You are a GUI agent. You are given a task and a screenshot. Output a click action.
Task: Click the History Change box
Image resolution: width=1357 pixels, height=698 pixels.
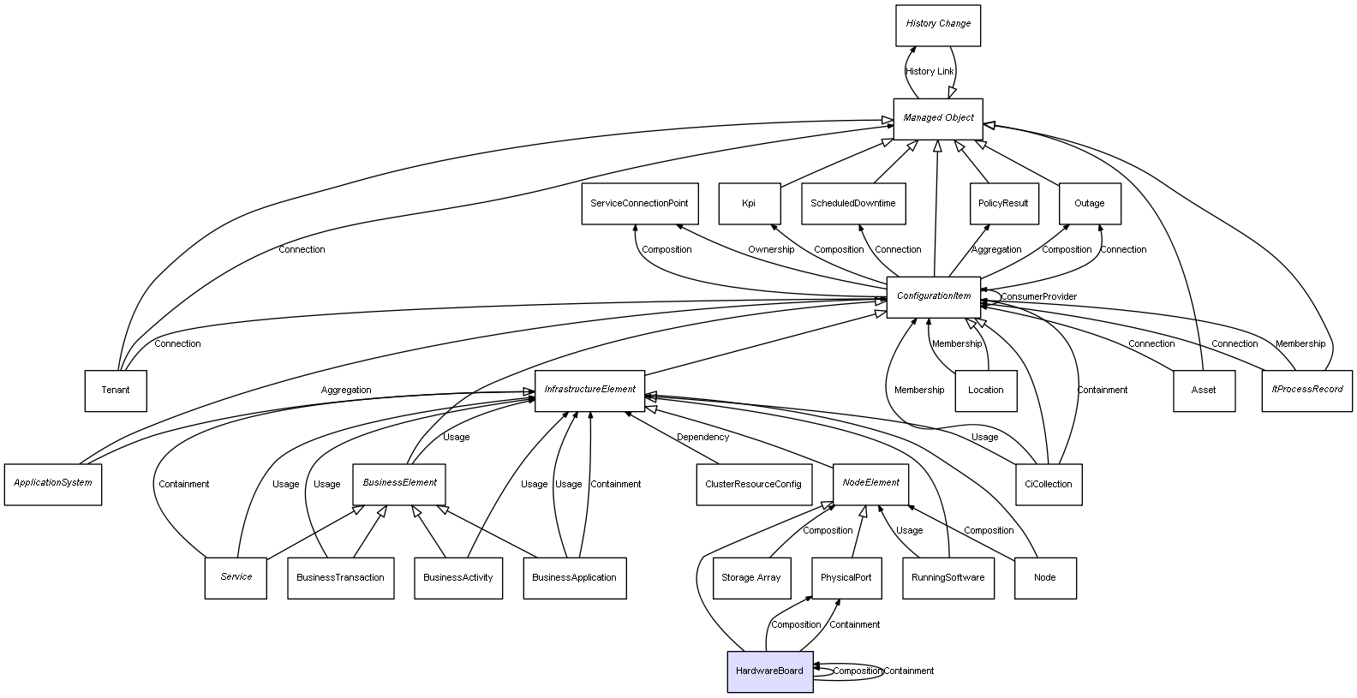pyautogui.click(x=938, y=25)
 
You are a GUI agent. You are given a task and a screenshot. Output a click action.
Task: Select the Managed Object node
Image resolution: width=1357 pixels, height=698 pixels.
pyautogui.click(x=938, y=118)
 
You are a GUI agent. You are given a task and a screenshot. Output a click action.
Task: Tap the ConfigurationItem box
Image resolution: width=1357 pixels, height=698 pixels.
pyautogui.click(x=934, y=296)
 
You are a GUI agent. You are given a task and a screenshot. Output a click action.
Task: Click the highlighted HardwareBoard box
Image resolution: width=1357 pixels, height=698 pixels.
pyautogui.click(x=769, y=671)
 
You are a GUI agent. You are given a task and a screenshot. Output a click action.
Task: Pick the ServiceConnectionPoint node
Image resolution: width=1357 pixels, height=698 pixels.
pyautogui.click(x=639, y=204)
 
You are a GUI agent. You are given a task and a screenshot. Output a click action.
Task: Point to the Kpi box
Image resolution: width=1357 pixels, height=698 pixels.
pyautogui.click(x=749, y=204)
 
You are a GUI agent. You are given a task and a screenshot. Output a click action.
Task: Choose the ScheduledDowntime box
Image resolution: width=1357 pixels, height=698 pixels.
pyautogui.click(x=853, y=204)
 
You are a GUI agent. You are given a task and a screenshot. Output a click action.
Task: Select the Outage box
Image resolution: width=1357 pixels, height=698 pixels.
pyautogui.click(x=1089, y=204)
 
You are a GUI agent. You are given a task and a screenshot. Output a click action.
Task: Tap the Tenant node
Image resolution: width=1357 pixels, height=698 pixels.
pyautogui.click(x=116, y=391)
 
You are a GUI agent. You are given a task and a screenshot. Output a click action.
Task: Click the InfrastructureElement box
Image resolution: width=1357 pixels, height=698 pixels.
pyautogui.click(x=589, y=390)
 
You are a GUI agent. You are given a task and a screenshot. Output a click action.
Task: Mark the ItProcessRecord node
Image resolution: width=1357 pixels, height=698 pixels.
pyautogui.click(x=1306, y=391)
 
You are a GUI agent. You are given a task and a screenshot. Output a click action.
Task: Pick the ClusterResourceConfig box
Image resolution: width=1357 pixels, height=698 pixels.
pyautogui.click(x=753, y=484)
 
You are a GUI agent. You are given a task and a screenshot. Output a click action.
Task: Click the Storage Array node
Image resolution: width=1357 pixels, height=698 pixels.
pyautogui.click(x=750, y=578)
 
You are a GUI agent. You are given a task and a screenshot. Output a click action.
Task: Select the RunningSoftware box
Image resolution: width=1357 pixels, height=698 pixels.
pyautogui.click(x=948, y=578)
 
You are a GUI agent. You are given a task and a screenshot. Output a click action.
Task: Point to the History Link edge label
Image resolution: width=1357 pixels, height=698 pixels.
pyautogui.click(x=930, y=72)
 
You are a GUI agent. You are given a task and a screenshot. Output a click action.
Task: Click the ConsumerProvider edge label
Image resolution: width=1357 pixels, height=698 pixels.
pyautogui.click(x=1038, y=297)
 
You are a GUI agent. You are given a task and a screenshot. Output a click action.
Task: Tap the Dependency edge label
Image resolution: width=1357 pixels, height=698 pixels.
pyautogui.click(x=702, y=438)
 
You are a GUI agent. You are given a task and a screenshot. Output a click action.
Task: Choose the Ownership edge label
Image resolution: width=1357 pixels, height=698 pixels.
pyautogui.click(x=771, y=250)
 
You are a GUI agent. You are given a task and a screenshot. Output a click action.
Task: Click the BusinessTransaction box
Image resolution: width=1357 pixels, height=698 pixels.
pyautogui.click(x=340, y=578)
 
